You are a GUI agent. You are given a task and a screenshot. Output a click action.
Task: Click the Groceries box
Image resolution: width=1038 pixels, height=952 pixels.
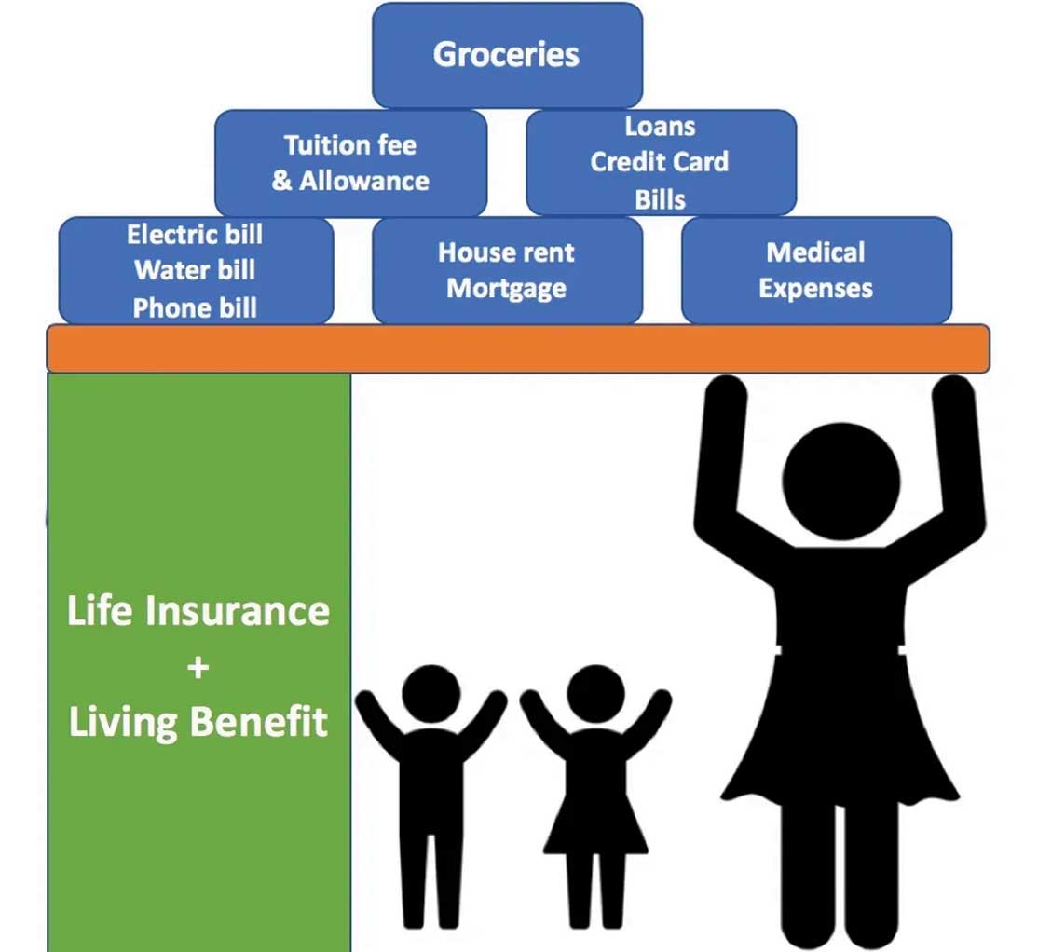(x=507, y=55)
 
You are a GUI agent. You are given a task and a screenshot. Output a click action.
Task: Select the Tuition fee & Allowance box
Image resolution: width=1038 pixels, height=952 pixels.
(x=350, y=163)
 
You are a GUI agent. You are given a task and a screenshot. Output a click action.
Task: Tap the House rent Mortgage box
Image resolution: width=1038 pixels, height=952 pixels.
(x=507, y=270)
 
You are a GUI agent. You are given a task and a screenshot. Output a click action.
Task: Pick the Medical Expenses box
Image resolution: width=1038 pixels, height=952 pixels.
(x=816, y=270)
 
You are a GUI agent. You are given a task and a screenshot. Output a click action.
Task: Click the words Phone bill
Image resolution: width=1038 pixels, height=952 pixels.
(x=195, y=307)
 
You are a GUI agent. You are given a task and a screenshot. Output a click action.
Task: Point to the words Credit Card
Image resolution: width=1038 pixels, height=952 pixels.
(x=660, y=162)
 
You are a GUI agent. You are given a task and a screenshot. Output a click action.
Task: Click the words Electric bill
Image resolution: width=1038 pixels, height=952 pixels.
(x=195, y=234)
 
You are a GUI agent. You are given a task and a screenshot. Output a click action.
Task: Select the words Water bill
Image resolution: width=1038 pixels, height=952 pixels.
(x=195, y=270)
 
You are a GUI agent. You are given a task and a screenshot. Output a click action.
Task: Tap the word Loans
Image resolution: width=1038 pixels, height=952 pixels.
(x=660, y=126)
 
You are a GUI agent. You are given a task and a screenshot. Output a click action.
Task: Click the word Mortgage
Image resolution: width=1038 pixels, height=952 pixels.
(x=506, y=288)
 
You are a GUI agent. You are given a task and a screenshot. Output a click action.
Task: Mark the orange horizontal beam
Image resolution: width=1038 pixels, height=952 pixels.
(x=518, y=348)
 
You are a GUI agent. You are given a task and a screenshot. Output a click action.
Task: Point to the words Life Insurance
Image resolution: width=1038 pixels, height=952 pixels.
(x=198, y=612)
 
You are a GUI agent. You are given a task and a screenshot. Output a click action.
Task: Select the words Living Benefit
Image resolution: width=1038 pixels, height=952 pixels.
(x=198, y=723)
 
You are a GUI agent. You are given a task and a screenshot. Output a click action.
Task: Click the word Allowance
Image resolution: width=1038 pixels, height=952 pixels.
(x=364, y=181)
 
